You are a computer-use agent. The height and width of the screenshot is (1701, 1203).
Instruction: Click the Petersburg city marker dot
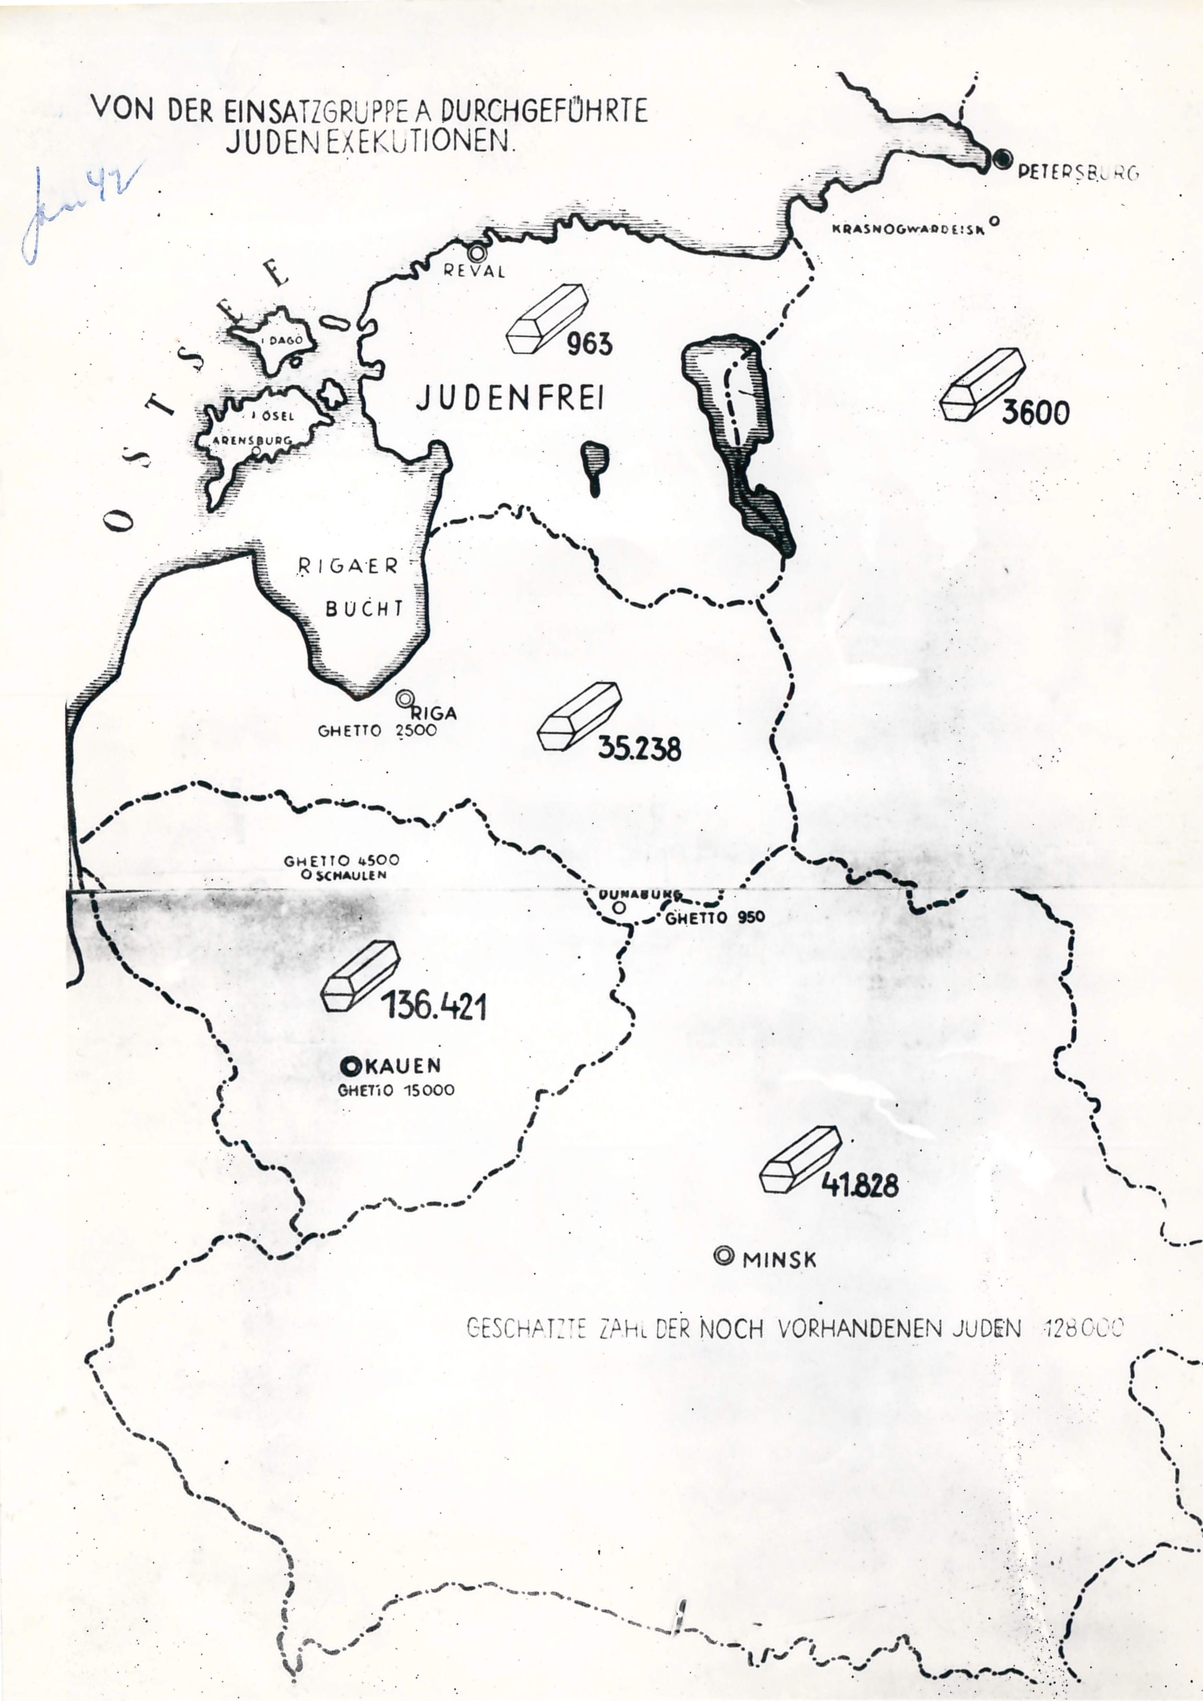[1003, 159]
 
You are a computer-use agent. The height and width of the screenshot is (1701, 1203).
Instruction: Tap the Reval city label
[474, 271]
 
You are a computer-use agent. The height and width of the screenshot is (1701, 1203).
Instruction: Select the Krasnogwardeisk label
[908, 229]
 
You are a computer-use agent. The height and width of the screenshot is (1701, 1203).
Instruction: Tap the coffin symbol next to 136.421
[360, 976]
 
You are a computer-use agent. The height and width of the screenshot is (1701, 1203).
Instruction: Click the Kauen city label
[402, 1065]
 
